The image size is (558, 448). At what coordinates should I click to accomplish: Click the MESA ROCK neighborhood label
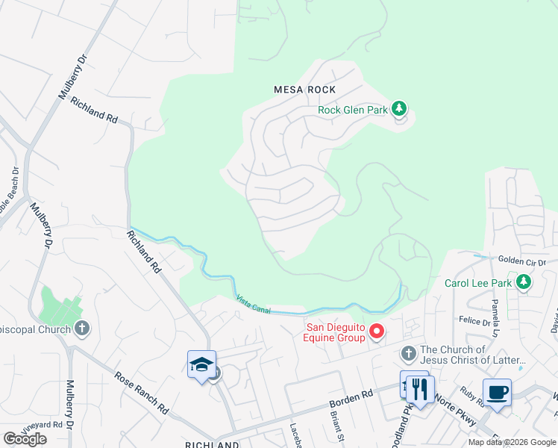point(305,90)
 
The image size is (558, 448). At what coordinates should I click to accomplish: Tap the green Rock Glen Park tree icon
point(400,110)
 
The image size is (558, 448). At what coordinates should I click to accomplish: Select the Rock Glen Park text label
point(353,110)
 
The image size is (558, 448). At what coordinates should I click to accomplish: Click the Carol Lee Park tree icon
point(524,282)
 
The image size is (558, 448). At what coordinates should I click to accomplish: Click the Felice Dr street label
point(474,321)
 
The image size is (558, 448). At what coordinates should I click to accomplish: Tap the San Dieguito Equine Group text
point(336,331)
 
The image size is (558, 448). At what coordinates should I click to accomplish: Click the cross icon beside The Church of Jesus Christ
point(408,352)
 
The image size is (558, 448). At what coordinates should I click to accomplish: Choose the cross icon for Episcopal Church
point(82,328)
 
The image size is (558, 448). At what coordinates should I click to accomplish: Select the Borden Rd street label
point(351,399)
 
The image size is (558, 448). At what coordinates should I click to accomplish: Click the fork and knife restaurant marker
point(421,388)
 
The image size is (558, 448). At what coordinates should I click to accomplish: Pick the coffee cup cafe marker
point(497,392)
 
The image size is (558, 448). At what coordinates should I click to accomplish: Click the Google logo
point(25,439)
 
